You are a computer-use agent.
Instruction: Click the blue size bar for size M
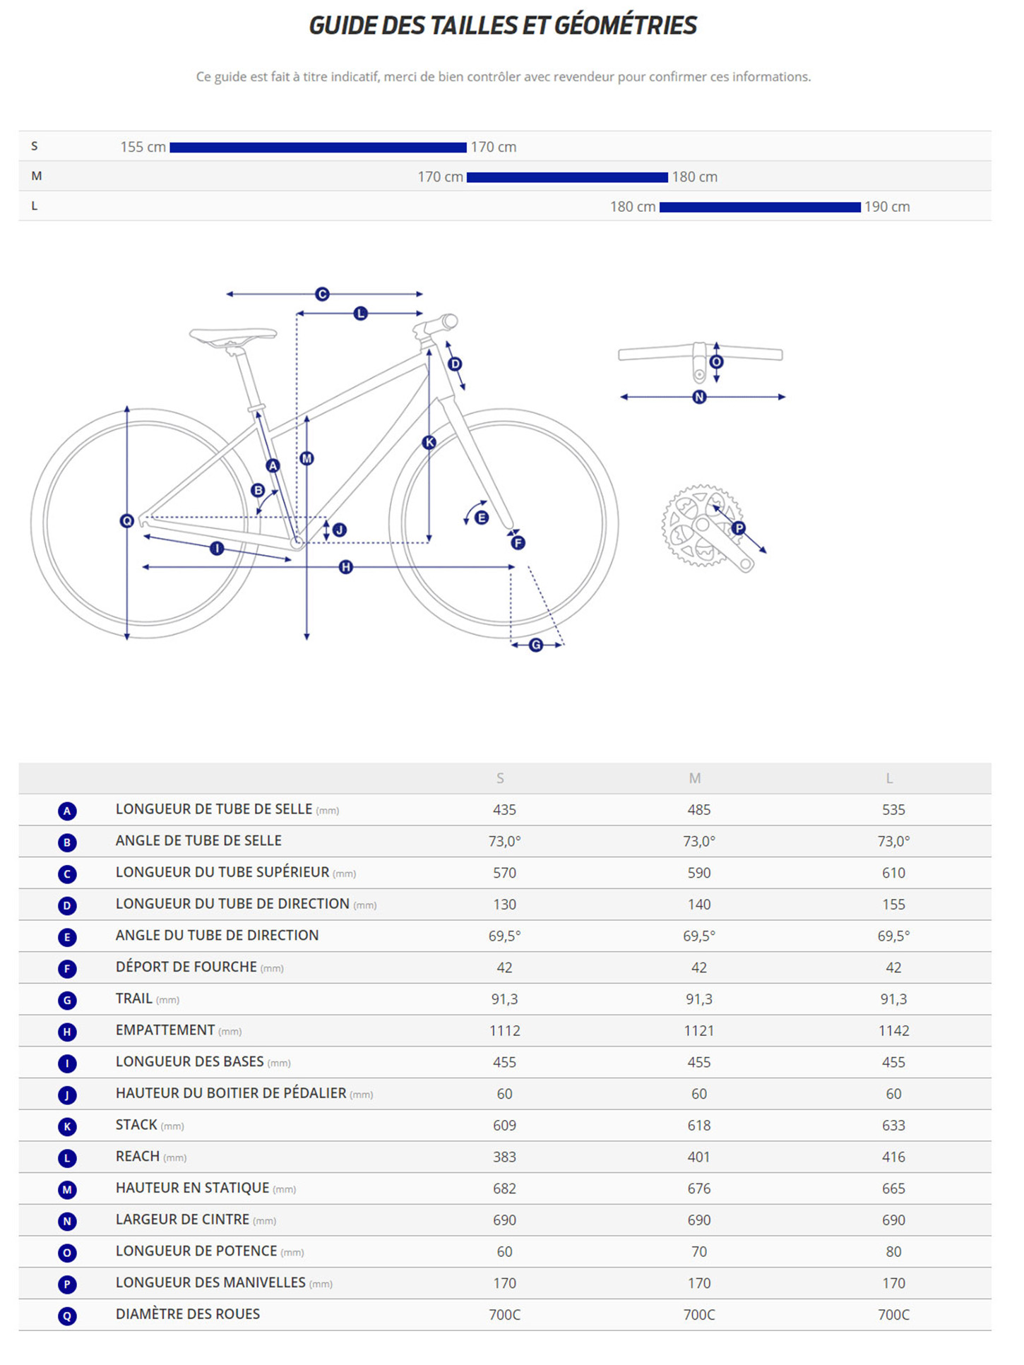(x=567, y=177)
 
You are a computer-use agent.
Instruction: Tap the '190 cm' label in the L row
(x=887, y=207)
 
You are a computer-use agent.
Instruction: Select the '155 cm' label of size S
(x=143, y=147)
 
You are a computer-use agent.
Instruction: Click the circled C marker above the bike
(x=322, y=294)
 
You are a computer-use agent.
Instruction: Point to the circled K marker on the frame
(x=429, y=443)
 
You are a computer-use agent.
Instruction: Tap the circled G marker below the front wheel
(x=536, y=645)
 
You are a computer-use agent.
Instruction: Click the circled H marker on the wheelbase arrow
(x=345, y=567)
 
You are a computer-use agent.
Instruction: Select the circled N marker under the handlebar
(x=699, y=397)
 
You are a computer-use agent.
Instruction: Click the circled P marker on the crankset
(x=739, y=527)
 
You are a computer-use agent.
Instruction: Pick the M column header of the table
(x=695, y=778)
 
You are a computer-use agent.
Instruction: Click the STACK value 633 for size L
(x=893, y=1126)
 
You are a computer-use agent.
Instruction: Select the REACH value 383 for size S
(x=504, y=1157)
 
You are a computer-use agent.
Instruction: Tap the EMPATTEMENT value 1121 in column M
(x=698, y=1031)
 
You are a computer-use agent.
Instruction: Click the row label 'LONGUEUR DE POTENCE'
(x=196, y=1251)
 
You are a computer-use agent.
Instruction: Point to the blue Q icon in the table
(x=67, y=1316)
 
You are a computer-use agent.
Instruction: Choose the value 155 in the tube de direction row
(x=893, y=905)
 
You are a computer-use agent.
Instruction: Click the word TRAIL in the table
(x=134, y=999)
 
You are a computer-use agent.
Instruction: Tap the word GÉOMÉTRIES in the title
(x=625, y=25)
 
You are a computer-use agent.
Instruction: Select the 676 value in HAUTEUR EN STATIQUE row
(x=698, y=1188)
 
